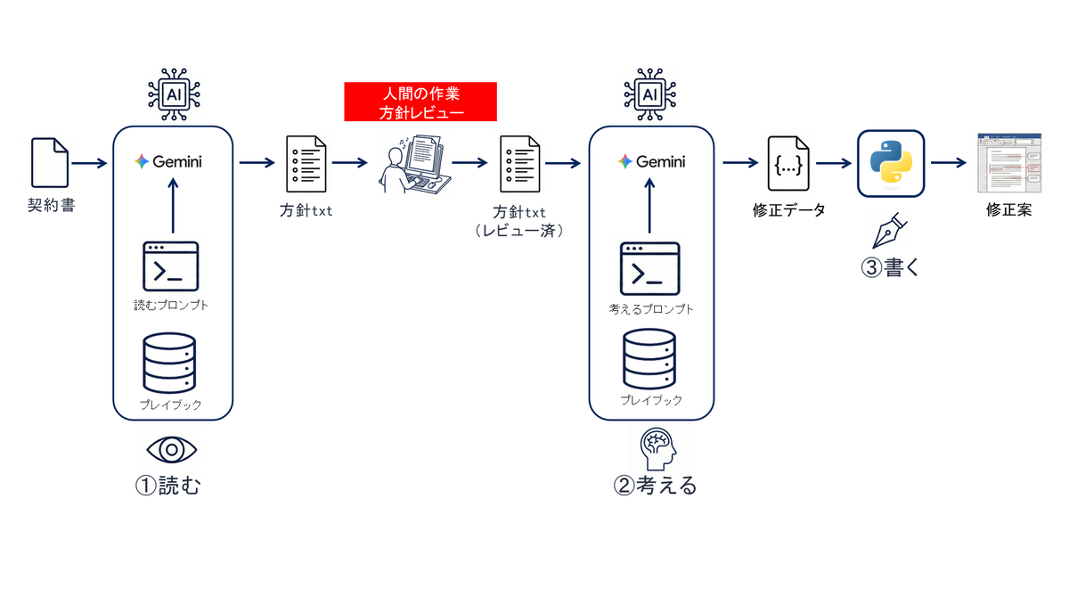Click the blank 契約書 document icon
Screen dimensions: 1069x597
click(50, 163)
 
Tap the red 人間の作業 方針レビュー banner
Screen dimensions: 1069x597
click(420, 102)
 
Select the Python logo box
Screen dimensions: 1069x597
click(891, 163)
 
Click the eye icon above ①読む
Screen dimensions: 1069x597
click(171, 449)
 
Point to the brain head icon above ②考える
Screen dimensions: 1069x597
click(657, 448)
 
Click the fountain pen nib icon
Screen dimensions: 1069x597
click(889, 231)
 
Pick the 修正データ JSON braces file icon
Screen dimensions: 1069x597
click(788, 164)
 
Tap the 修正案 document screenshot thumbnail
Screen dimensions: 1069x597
click(1009, 163)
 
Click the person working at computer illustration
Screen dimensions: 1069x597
click(415, 164)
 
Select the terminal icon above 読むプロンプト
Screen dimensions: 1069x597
click(171, 266)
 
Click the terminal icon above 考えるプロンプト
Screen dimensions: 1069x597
click(649, 269)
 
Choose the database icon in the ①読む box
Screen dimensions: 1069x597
click(169, 364)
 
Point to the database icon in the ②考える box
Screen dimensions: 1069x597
click(649, 359)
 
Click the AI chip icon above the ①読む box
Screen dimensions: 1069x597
click(174, 94)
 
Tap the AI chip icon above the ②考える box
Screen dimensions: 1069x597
click(650, 94)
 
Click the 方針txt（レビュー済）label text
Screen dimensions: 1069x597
click(519, 221)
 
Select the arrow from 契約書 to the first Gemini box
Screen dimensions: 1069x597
click(89, 163)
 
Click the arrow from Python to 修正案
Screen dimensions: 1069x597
click(949, 163)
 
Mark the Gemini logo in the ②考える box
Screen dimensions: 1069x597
click(651, 162)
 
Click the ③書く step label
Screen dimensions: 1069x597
click(890, 267)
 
